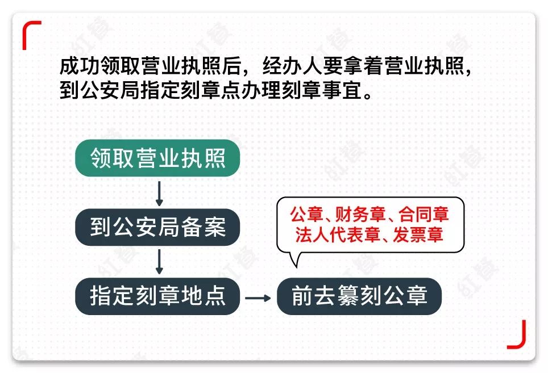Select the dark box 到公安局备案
click(x=157, y=227)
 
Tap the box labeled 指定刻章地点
click(x=157, y=296)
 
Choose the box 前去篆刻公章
click(x=359, y=296)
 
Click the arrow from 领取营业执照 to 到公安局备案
click(x=159, y=193)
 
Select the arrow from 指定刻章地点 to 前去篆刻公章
click(x=258, y=297)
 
